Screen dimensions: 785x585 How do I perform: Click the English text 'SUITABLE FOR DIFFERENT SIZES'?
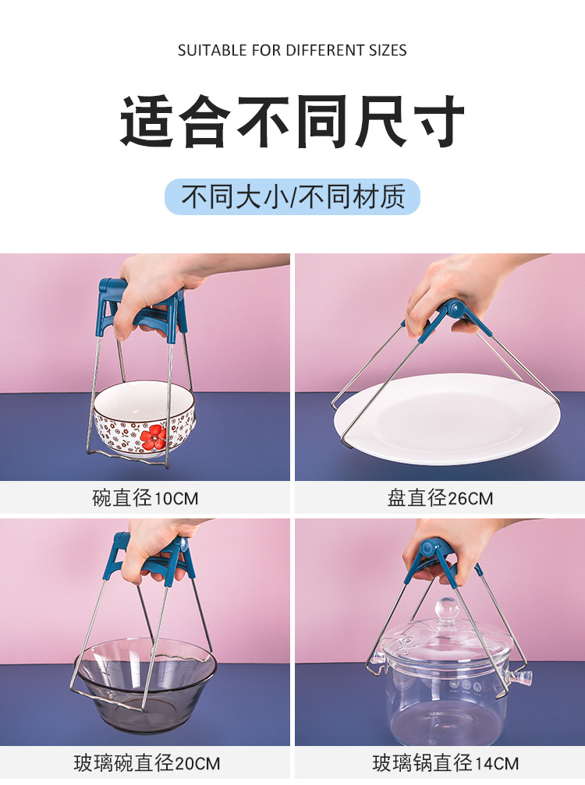click(292, 51)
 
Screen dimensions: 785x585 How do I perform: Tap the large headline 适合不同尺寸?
click(292, 122)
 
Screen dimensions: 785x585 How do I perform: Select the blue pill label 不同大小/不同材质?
click(292, 196)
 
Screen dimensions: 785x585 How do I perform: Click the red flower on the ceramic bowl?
click(154, 437)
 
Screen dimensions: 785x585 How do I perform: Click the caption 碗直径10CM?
click(146, 498)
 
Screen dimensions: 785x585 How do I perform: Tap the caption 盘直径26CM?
click(440, 498)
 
